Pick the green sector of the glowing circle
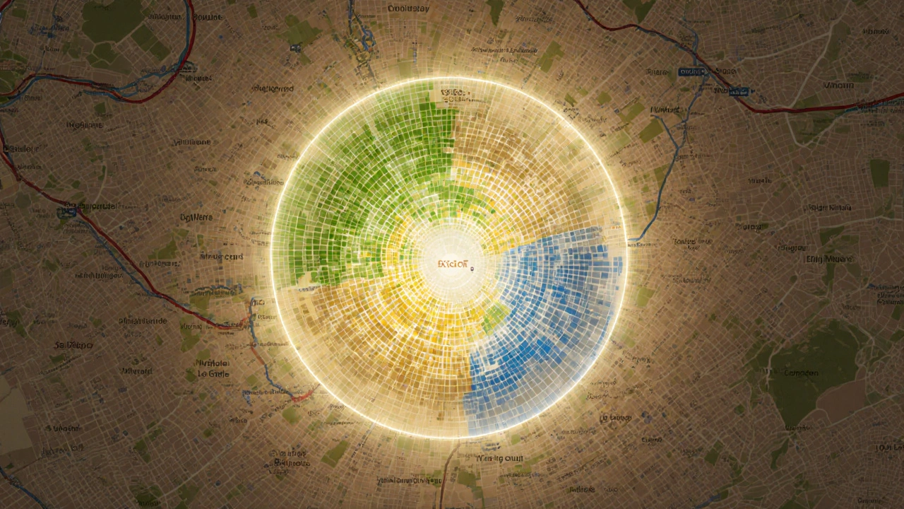[367, 177]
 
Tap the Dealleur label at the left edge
[20, 149]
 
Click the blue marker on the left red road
[70, 210]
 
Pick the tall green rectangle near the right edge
[879, 172]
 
